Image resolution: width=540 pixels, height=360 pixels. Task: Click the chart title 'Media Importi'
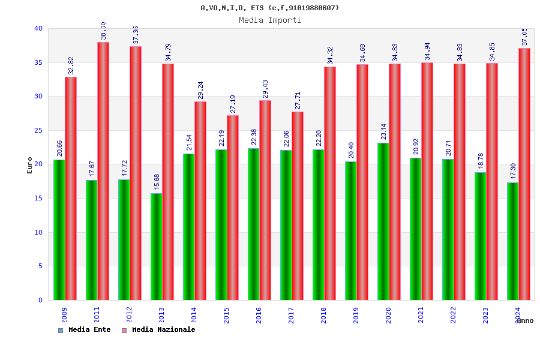coord(270,20)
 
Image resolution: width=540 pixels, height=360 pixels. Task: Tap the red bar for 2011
coord(103,171)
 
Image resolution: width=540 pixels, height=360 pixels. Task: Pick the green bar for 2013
coord(156,247)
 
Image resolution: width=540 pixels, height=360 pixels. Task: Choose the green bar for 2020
coord(383,221)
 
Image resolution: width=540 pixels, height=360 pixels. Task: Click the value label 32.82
coord(71,65)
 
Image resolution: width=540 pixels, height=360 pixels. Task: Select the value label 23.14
coord(383,131)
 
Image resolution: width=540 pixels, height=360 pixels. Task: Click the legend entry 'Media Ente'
coord(89,329)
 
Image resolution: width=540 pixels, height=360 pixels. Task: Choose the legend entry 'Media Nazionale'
coord(163,329)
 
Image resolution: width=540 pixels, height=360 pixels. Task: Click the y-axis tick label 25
coord(38,130)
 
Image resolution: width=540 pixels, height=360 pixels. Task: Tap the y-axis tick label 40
coord(38,28)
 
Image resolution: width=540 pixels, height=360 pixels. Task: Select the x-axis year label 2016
coord(259,315)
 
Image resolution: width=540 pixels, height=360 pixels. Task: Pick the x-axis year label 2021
coord(421,315)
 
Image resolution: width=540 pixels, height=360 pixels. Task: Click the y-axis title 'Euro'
coord(30,165)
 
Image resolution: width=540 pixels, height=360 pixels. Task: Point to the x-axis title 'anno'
coord(524,320)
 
